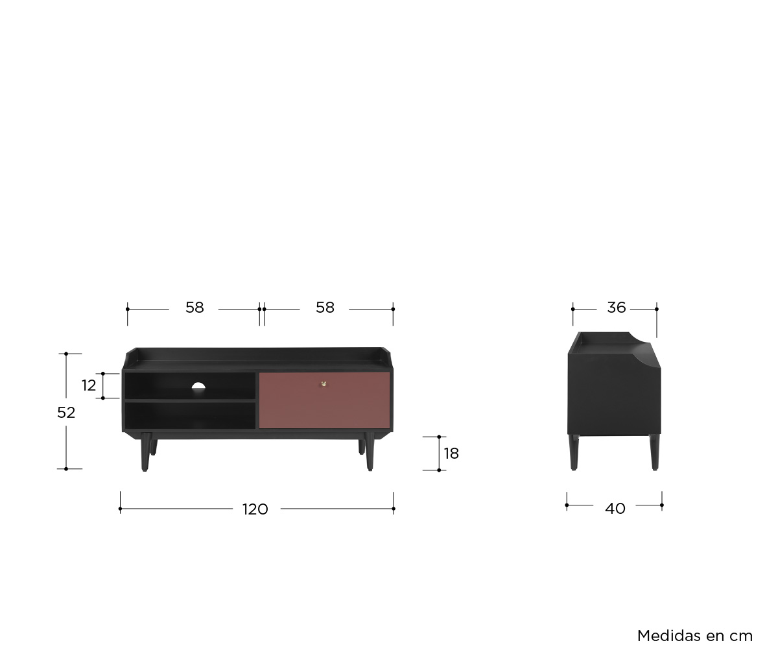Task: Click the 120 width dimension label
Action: tap(255, 509)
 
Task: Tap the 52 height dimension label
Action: tap(66, 413)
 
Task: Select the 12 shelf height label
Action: tap(89, 385)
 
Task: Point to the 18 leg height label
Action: tap(451, 454)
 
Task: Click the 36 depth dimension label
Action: tap(617, 308)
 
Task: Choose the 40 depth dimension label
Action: tap(615, 509)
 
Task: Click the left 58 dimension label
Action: tap(194, 308)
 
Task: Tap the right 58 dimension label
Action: tap(325, 308)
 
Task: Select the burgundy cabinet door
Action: tap(324, 400)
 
